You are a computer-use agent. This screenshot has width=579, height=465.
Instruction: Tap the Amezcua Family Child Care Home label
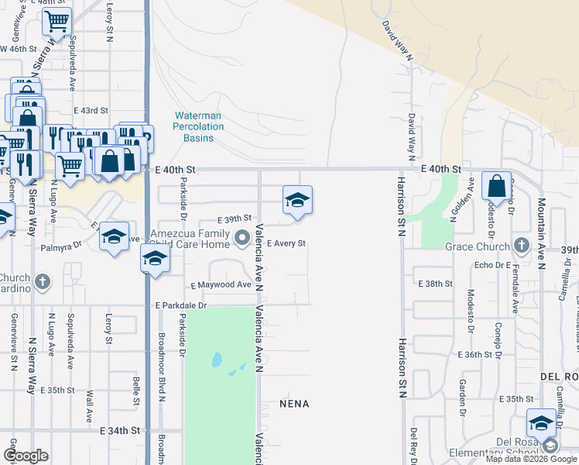coord(184,239)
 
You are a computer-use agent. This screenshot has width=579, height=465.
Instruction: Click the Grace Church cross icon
coord(522,246)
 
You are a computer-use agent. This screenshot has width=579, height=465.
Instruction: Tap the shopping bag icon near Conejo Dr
coord(496,187)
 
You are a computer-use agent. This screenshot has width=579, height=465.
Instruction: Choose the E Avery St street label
coord(286,243)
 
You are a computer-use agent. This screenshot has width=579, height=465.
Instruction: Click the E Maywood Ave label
coord(221,285)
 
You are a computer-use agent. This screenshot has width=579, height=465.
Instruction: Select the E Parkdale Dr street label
coord(181,305)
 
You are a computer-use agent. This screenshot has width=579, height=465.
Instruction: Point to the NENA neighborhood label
coord(294,404)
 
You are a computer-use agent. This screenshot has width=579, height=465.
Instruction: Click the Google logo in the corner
coord(26,456)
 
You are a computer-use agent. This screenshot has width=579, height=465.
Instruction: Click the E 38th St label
coord(435,284)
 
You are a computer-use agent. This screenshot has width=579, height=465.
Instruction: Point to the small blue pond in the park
coord(216,360)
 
